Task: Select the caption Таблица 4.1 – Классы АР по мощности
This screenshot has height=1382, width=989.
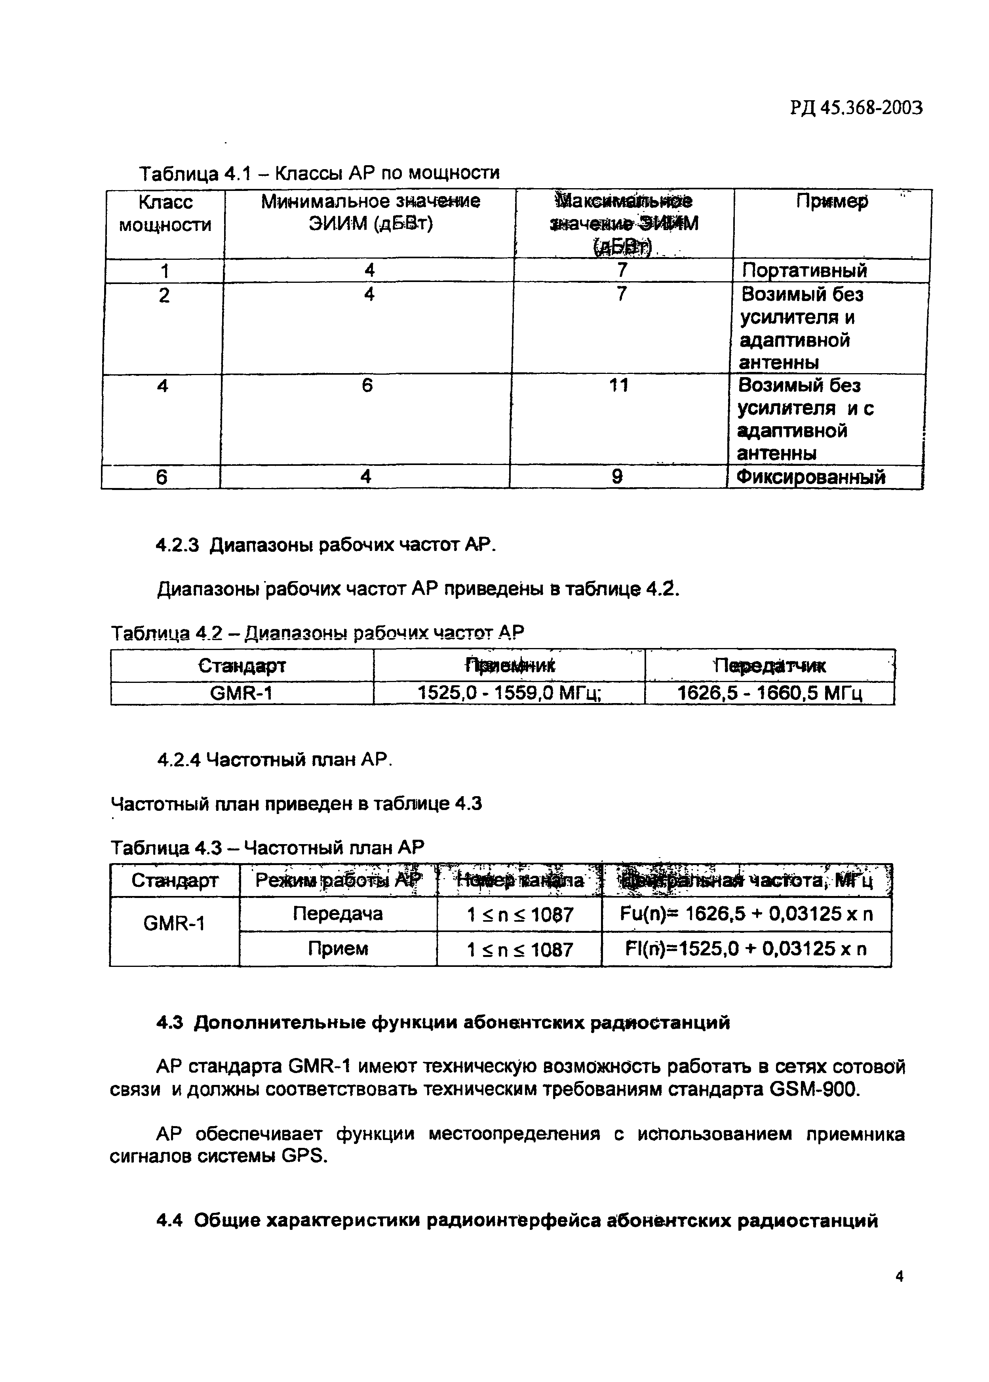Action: [x=319, y=173]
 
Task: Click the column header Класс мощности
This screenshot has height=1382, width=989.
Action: [x=164, y=213]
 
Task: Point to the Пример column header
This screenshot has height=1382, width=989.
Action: [x=832, y=202]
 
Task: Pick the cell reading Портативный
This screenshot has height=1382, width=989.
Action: [x=804, y=271]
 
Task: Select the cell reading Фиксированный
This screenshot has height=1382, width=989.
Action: [x=810, y=477]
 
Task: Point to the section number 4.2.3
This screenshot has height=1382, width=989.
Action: [x=177, y=545]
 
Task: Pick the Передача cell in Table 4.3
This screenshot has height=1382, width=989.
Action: [x=338, y=913]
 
